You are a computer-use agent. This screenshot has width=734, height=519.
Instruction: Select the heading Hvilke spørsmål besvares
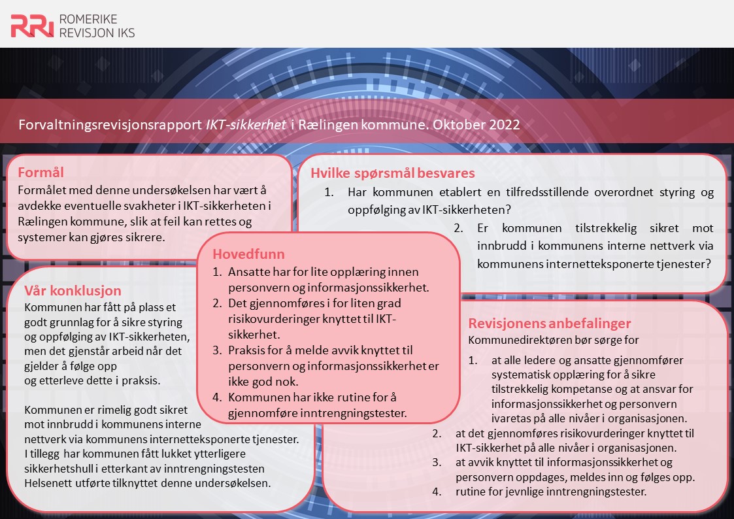pyautogui.click(x=392, y=173)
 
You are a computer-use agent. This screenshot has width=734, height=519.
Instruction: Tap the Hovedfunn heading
pyautogui.click(x=249, y=254)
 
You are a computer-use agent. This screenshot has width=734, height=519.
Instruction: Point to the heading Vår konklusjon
pyautogui.click(x=73, y=291)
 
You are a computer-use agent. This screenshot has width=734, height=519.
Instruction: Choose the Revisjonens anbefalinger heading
pyautogui.click(x=550, y=324)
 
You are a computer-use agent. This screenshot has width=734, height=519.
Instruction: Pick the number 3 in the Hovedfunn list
pyautogui.click(x=218, y=351)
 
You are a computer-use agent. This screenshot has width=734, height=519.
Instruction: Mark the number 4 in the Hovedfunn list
pyautogui.click(x=218, y=397)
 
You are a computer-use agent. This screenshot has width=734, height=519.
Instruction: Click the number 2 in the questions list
pyautogui.click(x=458, y=229)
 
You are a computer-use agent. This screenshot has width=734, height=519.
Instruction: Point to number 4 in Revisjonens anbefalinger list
pyautogui.click(x=436, y=492)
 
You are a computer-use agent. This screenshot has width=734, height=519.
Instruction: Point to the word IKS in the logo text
pyautogui.click(x=124, y=33)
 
